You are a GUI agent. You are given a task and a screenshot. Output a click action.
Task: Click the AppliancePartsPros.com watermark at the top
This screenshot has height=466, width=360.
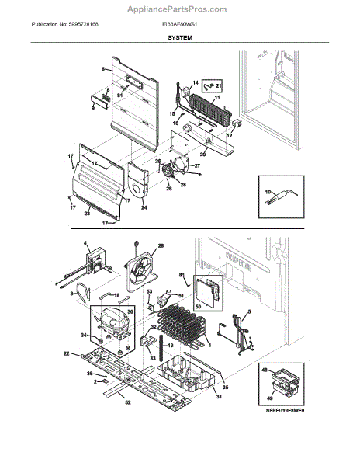[x=180, y=9]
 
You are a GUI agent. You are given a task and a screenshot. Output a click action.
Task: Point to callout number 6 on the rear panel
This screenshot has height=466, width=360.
[x=102, y=69]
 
